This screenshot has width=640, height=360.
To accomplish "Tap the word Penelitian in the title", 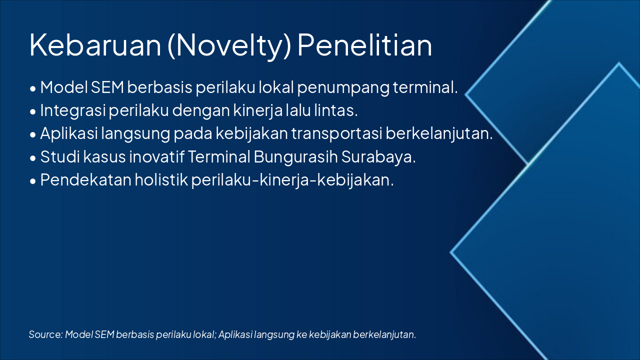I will tap(364, 45).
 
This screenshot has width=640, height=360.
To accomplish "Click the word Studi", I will tap(56, 157).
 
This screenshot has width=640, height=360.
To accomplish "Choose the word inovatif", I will tap(156, 157).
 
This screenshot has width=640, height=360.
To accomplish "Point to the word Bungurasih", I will tap(295, 157).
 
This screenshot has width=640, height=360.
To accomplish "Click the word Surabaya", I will tap(378, 157).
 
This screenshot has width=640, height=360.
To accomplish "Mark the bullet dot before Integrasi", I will tap(33, 112).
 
